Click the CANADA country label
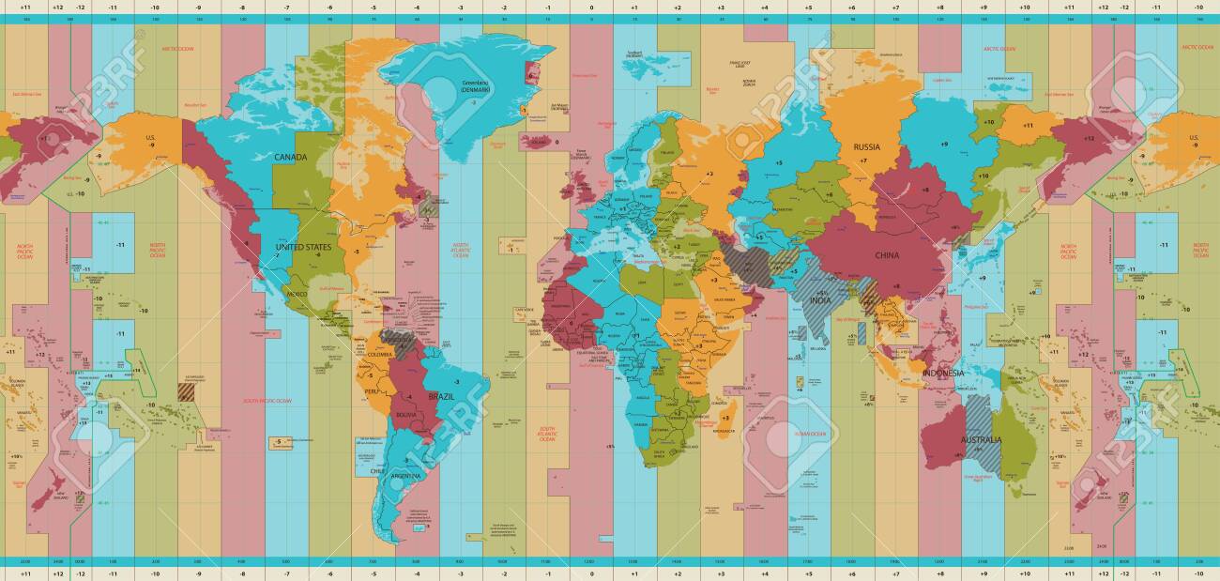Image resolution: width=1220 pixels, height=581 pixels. coord(291,157)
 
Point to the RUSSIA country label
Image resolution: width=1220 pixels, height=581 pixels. coord(866,146)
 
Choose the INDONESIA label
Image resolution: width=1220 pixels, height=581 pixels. coord(943,373)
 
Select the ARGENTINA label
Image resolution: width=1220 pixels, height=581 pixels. coord(406,476)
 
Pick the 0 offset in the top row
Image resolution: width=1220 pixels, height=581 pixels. coord(591,8)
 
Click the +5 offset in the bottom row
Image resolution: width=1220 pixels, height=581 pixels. coord(807,572)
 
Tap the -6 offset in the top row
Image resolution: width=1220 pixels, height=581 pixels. coord(329,8)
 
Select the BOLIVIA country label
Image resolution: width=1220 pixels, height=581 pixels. coord(406,413)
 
